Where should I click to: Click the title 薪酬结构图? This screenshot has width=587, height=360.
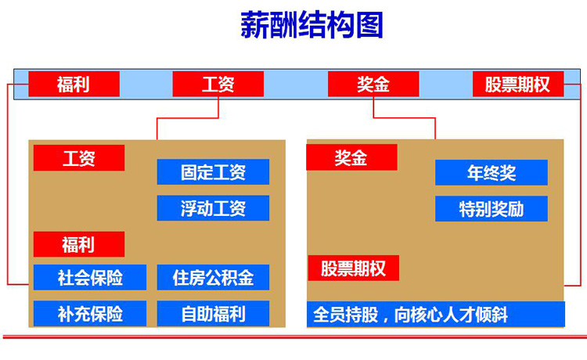pyautogui.click(x=312, y=25)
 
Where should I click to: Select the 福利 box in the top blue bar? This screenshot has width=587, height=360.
pyautogui.click(x=74, y=84)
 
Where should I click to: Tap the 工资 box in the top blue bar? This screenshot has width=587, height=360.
pyautogui.click(x=218, y=84)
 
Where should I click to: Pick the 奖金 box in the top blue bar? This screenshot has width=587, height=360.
pyautogui.click(x=373, y=84)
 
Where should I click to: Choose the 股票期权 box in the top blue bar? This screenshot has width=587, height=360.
pyautogui.click(x=518, y=84)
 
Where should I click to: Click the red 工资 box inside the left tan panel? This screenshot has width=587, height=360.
pyautogui.click(x=78, y=158)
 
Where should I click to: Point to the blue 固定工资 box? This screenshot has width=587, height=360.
pyautogui.click(x=213, y=171)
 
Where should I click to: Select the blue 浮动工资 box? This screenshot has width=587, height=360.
pyautogui.click(x=213, y=208)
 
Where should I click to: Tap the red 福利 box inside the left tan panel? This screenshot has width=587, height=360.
pyautogui.click(x=78, y=244)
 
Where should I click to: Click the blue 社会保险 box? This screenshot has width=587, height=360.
pyautogui.click(x=90, y=277)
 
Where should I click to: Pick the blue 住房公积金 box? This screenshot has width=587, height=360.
pyautogui.click(x=213, y=277)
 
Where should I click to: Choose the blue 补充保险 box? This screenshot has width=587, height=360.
pyautogui.click(x=90, y=314)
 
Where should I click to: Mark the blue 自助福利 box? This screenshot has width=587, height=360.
pyautogui.click(x=213, y=314)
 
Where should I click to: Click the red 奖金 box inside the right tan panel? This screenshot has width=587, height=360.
pyautogui.click(x=351, y=157)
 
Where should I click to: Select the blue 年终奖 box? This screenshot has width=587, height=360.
pyautogui.click(x=492, y=172)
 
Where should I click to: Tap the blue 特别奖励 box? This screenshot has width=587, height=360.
pyautogui.click(x=492, y=209)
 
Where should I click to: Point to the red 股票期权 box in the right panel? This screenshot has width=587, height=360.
pyautogui.click(x=354, y=268)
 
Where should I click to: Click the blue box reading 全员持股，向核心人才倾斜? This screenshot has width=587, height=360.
pyautogui.click(x=436, y=315)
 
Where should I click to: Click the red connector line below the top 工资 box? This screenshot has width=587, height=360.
pyautogui.click(x=188, y=118)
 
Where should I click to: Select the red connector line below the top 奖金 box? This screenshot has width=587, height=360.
pyautogui.click(x=405, y=118)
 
